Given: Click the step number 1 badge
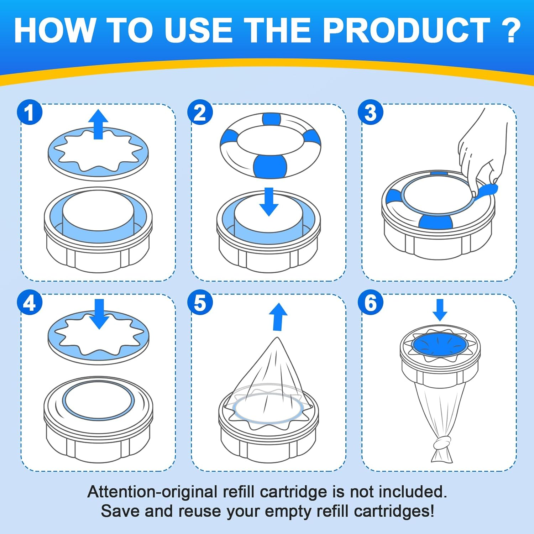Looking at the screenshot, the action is point(30,112).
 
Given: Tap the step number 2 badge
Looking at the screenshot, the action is point(200,112).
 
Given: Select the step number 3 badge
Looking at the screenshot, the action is point(371,112).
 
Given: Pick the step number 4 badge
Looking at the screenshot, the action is point(30,303).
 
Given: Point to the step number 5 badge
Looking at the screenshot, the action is point(200,303).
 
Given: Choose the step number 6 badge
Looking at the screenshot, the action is point(371,303).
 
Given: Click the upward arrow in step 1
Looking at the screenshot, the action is point(98,124).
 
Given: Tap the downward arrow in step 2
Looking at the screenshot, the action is point(269,202).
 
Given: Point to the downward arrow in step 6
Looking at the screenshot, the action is point(440,310).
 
